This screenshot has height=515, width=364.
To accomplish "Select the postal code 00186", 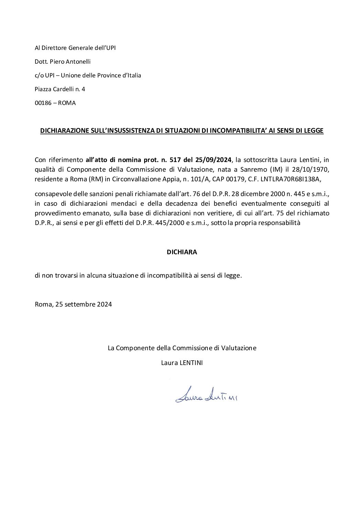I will pos(42,103).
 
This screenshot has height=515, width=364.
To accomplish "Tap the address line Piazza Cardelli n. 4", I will pos(60,89).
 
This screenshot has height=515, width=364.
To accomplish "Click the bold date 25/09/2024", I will pos(215,160).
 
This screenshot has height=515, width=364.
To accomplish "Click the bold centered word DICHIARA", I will pos(182,252).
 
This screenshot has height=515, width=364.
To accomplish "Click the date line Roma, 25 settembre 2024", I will pos(73,304).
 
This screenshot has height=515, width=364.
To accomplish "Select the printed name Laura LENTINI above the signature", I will pos(182,363).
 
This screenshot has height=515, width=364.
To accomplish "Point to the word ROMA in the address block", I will pos(67,103).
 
